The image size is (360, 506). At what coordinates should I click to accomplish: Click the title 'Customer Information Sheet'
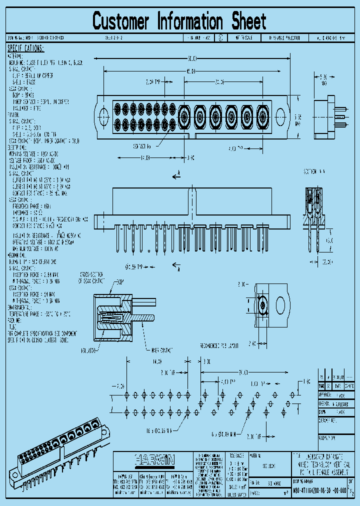tap(179, 21)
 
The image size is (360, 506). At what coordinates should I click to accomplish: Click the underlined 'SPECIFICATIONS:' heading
tap(25, 48)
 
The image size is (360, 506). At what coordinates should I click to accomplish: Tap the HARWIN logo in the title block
tap(153, 458)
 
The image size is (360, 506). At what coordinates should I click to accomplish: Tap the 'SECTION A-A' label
tap(314, 171)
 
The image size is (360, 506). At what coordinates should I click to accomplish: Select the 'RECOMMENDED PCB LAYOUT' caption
tap(219, 345)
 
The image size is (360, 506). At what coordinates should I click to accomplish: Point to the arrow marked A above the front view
tap(176, 175)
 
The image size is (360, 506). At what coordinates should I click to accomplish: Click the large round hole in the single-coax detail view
tap(280, 305)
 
